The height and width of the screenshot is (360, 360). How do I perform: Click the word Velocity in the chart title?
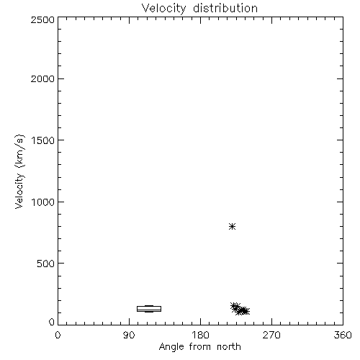(x=163, y=9)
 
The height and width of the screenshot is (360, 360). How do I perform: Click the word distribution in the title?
(x=225, y=8)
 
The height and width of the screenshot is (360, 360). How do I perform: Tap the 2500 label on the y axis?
(x=42, y=19)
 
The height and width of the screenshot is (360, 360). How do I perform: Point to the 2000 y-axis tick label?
(x=42, y=78)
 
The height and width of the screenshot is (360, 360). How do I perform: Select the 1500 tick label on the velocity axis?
(x=43, y=140)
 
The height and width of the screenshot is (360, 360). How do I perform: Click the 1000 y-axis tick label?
(x=43, y=202)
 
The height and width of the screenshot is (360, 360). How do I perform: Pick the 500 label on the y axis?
(x=45, y=264)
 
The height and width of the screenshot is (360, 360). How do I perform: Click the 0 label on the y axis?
(x=52, y=322)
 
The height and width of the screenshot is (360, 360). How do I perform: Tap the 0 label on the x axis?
(x=58, y=335)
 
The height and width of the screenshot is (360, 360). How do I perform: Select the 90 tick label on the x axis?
(x=129, y=335)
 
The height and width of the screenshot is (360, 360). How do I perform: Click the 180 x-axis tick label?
(x=200, y=335)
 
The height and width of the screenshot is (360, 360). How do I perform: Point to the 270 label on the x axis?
(x=271, y=335)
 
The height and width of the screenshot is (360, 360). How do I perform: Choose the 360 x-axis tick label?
(x=343, y=335)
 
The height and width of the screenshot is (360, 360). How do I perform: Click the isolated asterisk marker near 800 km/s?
(x=232, y=226)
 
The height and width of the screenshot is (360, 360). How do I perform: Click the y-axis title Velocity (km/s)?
(x=19, y=171)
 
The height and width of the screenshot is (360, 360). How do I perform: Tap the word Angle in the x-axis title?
(x=171, y=347)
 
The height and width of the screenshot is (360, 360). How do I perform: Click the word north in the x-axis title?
(x=229, y=347)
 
